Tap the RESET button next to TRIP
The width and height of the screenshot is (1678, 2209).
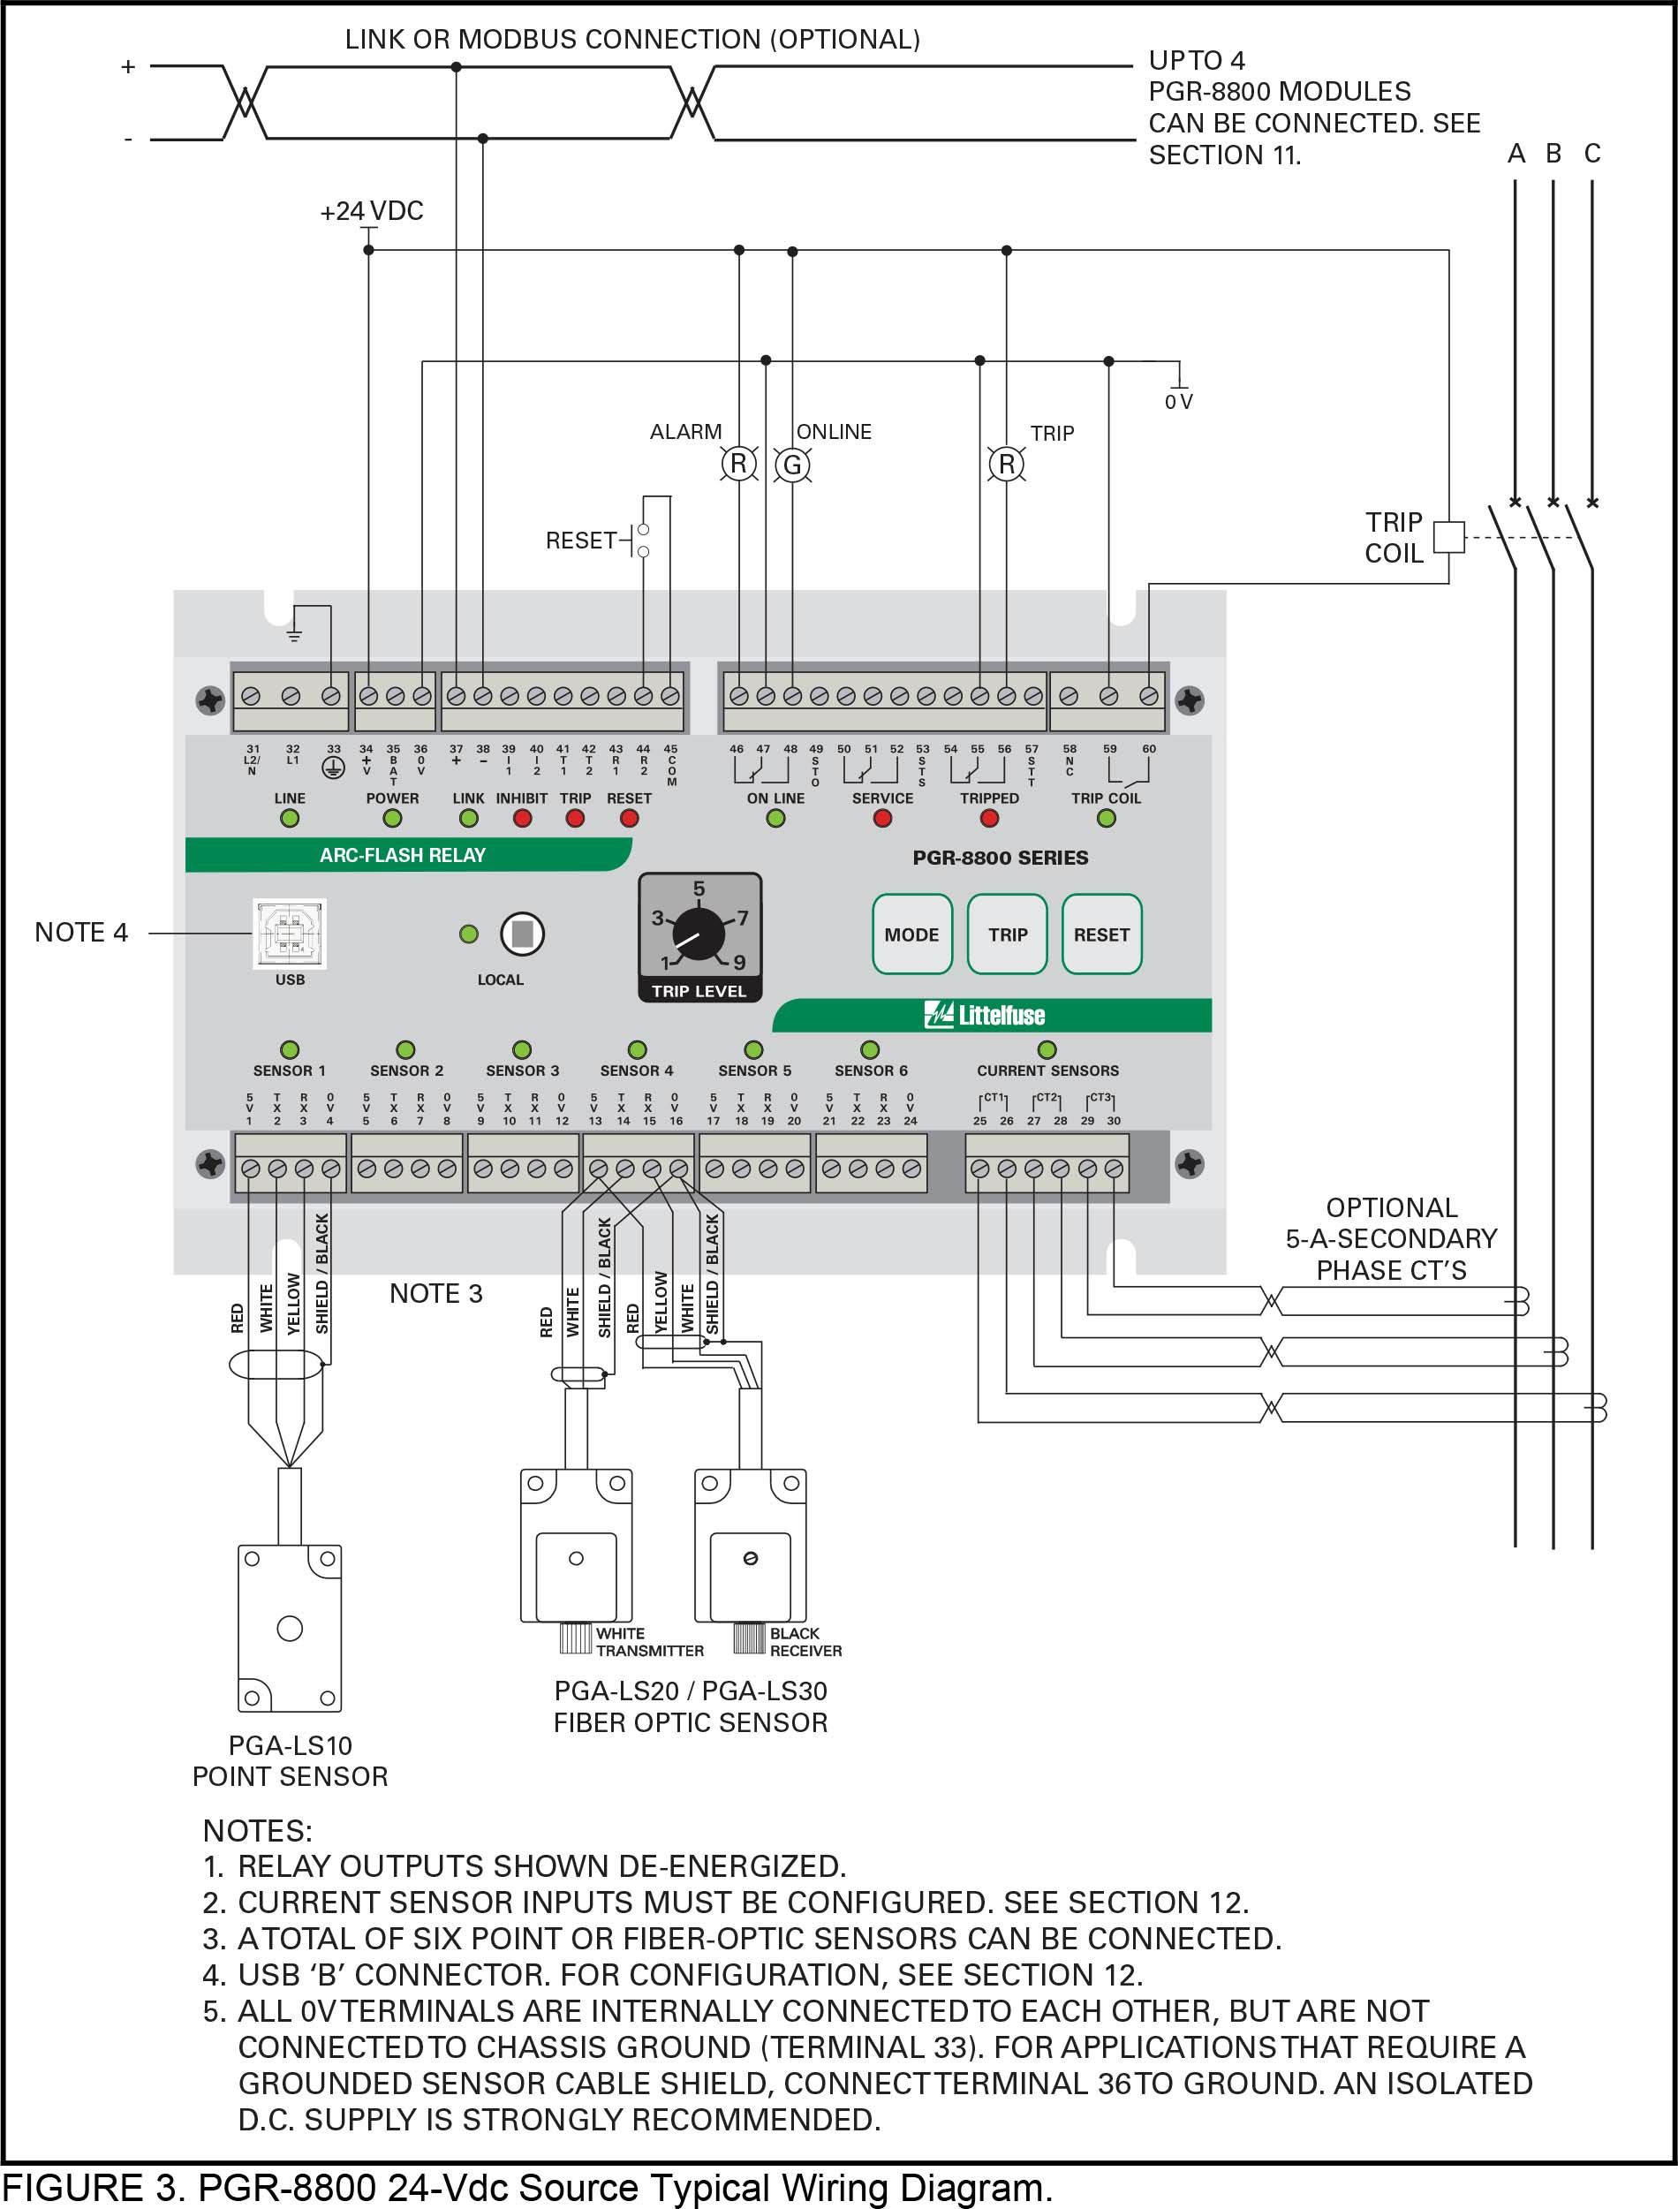pos(1100,934)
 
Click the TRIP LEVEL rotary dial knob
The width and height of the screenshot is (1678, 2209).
pos(699,934)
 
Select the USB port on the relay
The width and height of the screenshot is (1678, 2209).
pos(289,933)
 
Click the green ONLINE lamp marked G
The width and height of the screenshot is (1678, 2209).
pos(792,465)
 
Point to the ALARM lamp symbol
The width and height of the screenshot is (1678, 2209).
pos(739,464)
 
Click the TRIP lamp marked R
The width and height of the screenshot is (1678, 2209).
pos(1006,464)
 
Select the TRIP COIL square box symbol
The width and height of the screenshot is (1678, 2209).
pos(1448,537)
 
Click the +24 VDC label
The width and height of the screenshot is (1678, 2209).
pos(372,211)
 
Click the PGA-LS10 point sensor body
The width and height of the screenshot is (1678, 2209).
pos(290,1628)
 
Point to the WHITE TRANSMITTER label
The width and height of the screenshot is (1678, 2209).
pos(648,1642)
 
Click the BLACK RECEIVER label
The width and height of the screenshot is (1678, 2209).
pos(805,1642)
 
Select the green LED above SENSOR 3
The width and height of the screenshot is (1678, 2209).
pos(521,1049)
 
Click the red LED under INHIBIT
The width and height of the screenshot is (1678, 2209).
pos(521,818)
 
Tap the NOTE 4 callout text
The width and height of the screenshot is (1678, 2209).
pos(81,932)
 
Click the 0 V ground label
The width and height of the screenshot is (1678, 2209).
pos(1179,402)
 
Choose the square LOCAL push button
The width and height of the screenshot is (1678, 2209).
pos(521,934)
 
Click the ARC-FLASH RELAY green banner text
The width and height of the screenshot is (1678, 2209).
pos(403,855)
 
